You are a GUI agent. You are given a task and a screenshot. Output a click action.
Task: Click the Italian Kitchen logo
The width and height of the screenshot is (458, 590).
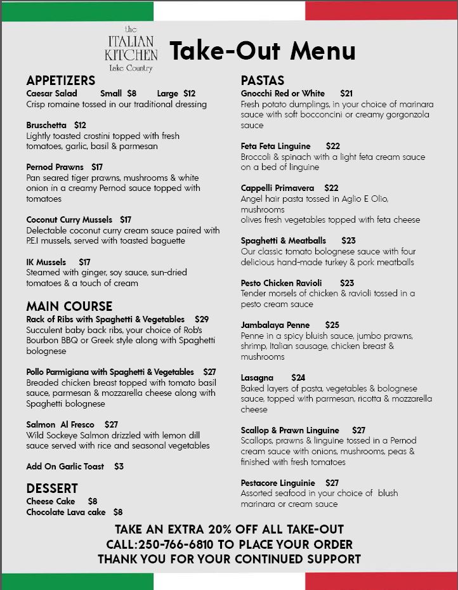131,49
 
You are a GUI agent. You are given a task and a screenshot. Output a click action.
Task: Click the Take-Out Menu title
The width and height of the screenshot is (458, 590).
263,51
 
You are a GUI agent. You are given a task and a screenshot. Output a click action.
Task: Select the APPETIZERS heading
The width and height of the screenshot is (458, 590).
61,81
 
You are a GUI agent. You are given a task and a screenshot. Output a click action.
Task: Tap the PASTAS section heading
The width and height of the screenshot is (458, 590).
263,81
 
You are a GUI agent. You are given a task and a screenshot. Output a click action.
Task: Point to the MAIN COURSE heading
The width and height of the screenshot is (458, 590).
69,306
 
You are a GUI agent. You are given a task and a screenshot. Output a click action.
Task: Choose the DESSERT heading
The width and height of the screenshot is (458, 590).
52,488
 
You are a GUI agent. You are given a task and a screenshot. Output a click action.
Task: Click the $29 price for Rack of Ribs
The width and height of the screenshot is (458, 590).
202,319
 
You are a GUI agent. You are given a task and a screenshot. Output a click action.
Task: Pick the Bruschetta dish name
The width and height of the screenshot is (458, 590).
46,125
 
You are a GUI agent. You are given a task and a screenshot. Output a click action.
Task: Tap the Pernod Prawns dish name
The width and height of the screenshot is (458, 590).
55,167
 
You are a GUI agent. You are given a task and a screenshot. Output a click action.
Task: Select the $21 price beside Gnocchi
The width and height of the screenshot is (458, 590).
346,93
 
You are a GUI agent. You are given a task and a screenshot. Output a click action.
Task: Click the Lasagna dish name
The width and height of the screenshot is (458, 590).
257,377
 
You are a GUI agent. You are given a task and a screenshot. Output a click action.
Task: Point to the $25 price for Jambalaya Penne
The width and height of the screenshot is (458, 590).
332,325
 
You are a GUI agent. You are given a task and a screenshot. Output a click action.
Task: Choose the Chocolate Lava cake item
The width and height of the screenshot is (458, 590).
66,512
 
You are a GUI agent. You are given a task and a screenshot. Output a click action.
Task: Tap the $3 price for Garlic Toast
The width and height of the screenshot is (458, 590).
119,466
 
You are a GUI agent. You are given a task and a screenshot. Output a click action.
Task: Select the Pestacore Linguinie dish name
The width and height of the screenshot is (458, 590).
278,483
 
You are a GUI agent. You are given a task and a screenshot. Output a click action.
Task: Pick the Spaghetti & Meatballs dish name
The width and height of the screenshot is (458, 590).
284,240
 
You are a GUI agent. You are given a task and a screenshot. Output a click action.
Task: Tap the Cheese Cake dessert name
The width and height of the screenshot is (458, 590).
51,501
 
